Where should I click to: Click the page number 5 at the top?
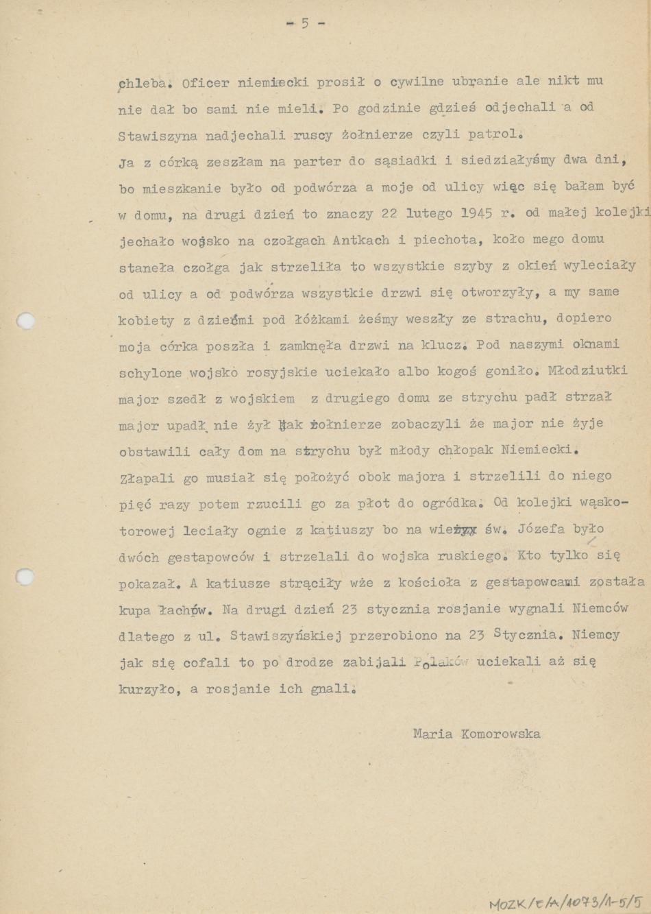point(305,23)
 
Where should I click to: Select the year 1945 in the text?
point(476,213)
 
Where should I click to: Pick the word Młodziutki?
point(589,371)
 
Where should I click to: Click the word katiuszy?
point(341,530)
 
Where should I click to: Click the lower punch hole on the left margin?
point(25,576)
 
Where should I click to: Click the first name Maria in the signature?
point(432,734)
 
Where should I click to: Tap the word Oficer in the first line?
point(206,83)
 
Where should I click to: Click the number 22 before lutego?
point(389,213)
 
